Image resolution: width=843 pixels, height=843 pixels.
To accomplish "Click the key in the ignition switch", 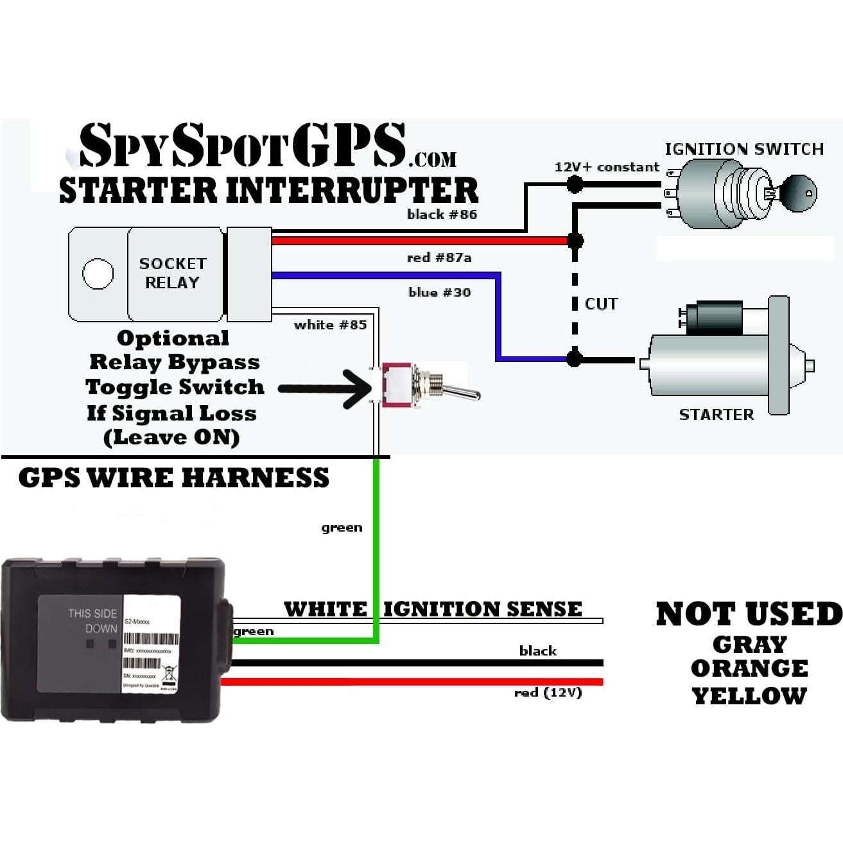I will (796, 191).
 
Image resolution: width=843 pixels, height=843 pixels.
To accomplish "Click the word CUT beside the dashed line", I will (601, 304).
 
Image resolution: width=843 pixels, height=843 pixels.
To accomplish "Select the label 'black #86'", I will (442, 214).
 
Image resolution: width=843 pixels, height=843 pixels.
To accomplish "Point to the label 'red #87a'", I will (439, 257).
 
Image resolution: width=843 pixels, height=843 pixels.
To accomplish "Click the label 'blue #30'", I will (440, 292).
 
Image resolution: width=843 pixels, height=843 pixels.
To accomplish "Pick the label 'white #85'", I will (330, 325).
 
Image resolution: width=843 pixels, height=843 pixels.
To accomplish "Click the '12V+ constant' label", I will (607, 168).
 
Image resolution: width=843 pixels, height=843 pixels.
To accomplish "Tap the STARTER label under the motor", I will (717, 414).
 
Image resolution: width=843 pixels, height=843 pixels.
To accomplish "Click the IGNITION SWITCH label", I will (744, 149).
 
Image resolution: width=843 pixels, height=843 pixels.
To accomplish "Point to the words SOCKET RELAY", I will (173, 273).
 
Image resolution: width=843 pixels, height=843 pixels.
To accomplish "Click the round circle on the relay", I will (98, 274).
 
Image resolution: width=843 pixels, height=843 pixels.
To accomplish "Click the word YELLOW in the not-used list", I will (749, 695).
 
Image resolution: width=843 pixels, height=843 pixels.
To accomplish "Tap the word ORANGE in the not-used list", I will (749, 668).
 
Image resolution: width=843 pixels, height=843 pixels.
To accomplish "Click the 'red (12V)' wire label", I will (548, 693).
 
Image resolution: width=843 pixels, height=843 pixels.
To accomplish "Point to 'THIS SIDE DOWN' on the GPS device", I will (93, 621).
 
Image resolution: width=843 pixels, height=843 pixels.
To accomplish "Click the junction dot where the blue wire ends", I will (575, 359).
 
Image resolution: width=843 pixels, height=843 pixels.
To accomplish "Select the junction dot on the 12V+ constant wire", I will (575, 185).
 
